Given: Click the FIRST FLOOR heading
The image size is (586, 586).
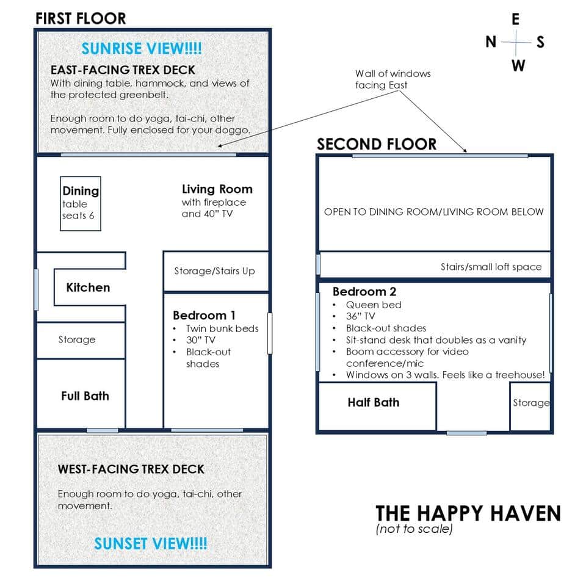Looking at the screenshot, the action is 81,18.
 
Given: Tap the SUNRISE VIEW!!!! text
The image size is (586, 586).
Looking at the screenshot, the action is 142,48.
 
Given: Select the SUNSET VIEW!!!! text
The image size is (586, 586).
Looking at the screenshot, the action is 150,543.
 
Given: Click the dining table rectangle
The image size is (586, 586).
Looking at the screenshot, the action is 80,204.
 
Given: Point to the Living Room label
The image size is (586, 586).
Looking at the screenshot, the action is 217,189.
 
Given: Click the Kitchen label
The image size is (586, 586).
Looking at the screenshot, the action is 88,288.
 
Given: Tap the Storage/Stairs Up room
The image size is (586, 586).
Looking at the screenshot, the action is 215,271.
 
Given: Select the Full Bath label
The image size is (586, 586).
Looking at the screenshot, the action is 85,396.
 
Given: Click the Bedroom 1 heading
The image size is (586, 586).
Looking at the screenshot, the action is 204,316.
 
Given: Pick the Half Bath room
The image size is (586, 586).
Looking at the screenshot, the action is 374,403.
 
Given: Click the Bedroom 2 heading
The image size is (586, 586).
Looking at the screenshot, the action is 364,292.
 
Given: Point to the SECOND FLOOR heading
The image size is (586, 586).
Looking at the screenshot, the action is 377,145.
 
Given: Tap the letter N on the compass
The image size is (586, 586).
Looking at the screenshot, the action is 491,42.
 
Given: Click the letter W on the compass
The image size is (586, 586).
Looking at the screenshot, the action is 518,65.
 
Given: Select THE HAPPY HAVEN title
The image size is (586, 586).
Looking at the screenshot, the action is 468,513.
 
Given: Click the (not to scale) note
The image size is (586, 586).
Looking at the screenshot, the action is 414,529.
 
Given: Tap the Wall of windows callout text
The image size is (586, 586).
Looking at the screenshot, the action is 393,79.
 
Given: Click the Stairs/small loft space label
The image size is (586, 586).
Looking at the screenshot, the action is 491,267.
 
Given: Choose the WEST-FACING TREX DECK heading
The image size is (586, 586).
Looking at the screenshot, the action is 131,469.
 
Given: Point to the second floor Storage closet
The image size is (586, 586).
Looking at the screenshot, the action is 530,403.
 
